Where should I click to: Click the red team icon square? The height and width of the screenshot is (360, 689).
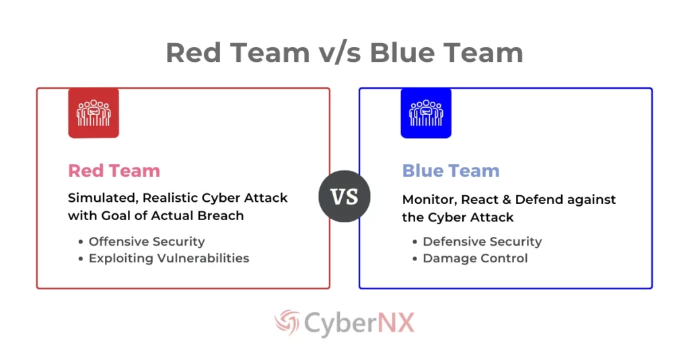pos(94,112)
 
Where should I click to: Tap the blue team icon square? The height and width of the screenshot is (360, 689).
pos(426,112)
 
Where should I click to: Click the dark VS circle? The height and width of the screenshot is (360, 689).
pos(344,196)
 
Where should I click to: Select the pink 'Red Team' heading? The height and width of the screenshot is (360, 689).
pos(114,171)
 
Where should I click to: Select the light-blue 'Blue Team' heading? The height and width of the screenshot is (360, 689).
pos(451,171)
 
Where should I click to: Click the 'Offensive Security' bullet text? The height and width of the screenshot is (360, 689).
pos(147,241)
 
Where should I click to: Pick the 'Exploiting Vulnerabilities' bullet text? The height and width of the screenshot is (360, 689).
pos(169,258)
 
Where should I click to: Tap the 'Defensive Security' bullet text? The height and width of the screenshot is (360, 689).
pos(482,241)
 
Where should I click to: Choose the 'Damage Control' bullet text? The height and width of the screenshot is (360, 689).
pos(475,258)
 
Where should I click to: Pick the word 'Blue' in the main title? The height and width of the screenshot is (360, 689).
pos(401,52)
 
